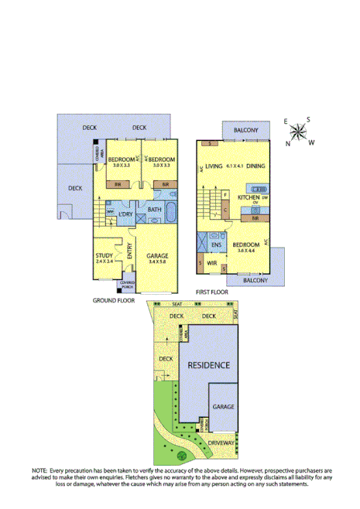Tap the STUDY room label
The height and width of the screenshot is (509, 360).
click(104, 255)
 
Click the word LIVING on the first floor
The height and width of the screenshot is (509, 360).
click(214, 166)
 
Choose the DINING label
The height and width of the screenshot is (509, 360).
click(255, 166)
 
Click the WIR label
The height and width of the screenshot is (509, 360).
click(211, 263)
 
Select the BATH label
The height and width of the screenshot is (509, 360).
click(154, 210)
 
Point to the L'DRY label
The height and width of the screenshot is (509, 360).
click(126, 214)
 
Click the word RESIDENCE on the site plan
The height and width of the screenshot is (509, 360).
click(208, 365)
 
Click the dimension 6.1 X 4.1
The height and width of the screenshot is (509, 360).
click(235, 166)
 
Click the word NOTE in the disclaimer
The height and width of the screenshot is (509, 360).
click(39, 470)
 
